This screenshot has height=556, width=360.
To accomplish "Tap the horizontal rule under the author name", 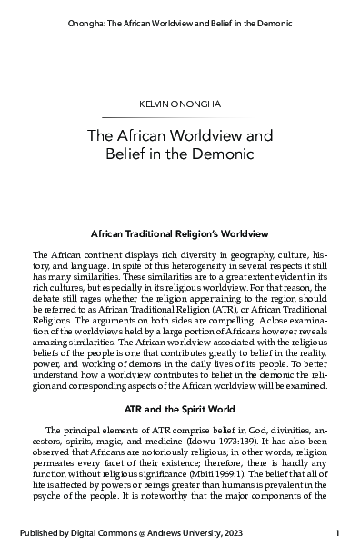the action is coord(179,118).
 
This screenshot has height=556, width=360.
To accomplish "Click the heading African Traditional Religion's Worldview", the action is coord(179,233).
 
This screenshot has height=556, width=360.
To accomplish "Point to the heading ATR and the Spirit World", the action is coord(179,422).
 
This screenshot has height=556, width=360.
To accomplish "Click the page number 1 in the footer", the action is coord(337,532).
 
